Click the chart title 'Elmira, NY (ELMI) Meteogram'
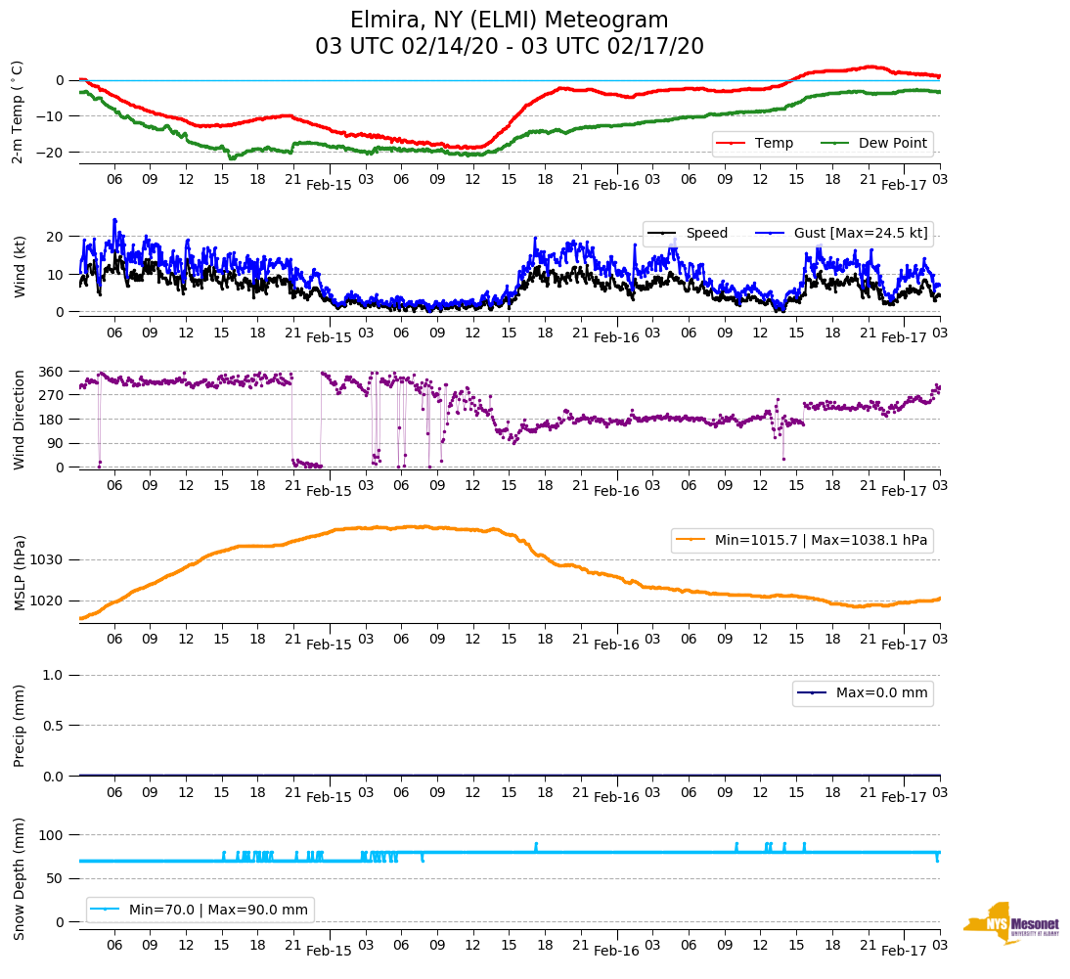point(509,21)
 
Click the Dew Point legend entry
point(892,143)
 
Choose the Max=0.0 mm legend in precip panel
point(876,692)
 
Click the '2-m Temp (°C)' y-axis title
point(18,111)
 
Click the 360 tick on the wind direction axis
point(52,372)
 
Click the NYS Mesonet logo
point(1011,923)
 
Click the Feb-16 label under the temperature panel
point(616,185)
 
